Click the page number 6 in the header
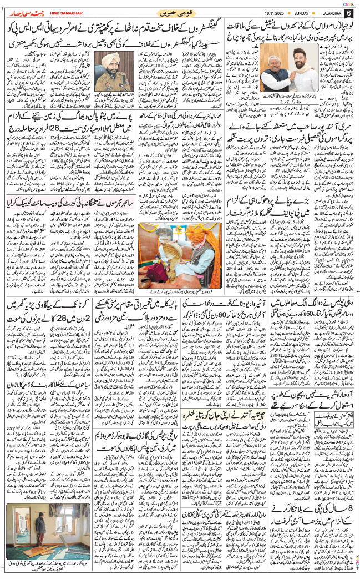[348, 13]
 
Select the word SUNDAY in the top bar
[304, 13]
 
